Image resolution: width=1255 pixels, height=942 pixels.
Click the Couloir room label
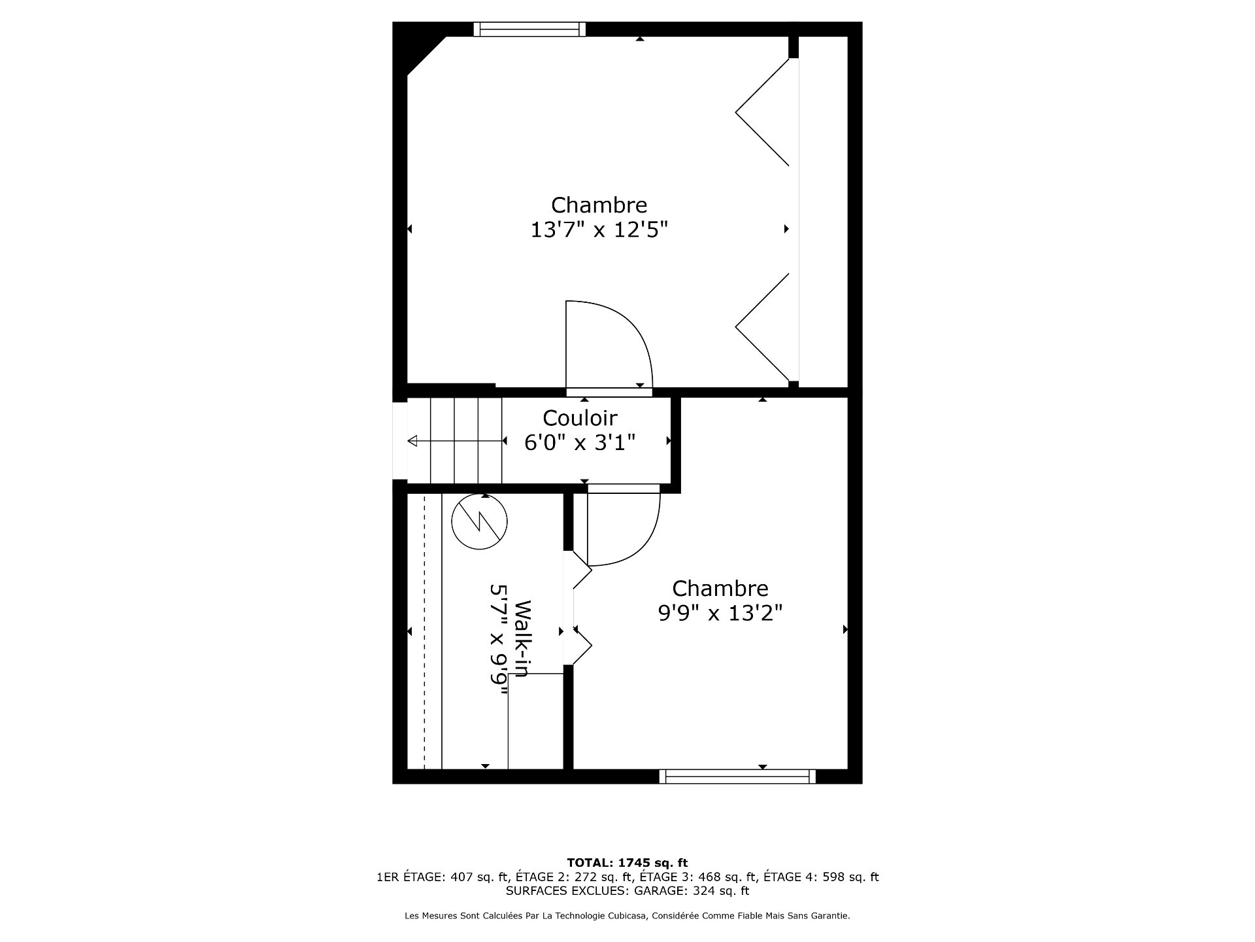tap(580, 417)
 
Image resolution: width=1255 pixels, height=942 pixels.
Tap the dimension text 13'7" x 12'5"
tap(599, 230)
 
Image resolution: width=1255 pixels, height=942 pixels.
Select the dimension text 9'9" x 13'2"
tap(720, 613)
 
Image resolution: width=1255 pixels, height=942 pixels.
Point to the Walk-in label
tap(522, 638)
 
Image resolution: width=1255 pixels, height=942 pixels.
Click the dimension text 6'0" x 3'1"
tap(580, 443)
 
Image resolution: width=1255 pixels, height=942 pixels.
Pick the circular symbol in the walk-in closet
tap(480, 521)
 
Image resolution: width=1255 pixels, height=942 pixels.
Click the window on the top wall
tap(529, 29)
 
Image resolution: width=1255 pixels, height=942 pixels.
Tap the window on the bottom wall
tap(737, 776)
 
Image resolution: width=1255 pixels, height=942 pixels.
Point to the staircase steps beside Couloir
tap(455, 440)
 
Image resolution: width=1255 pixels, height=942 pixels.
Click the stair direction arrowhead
tap(412, 442)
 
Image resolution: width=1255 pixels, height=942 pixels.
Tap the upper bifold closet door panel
tap(763, 112)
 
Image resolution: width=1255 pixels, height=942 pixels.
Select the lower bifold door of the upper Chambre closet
tap(763, 327)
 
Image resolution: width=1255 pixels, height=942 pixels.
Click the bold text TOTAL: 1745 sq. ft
tap(627, 863)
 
